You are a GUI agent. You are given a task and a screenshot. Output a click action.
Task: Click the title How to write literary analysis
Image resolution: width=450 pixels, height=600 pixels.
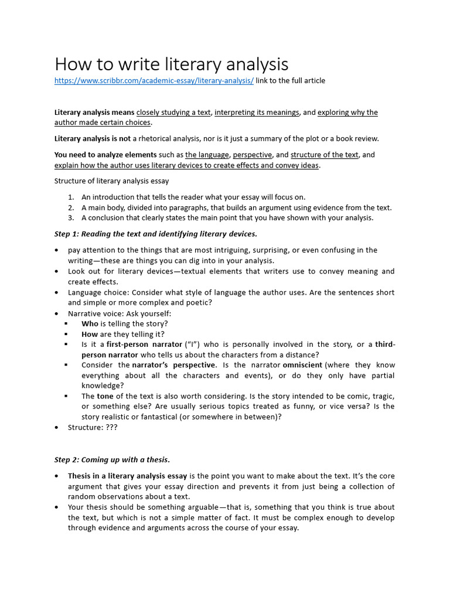pyautogui.click(x=171, y=64)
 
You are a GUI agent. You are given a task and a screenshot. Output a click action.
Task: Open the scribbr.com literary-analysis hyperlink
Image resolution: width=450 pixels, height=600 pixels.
pyautogui.click(x=154, y=81)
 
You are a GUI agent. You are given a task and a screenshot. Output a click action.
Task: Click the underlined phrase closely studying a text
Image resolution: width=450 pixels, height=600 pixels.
pyautogui.click(x=173, y=112)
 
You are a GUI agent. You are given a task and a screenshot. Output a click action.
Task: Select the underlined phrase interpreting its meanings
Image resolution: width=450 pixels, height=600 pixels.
pyautogui.click(x=257, y=112)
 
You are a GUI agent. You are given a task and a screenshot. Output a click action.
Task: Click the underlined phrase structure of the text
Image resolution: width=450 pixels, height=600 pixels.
pyautogui.click(x=325, y=155)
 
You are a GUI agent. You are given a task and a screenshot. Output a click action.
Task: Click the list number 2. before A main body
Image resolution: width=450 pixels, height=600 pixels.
pyautogui.click(x=70, y=207)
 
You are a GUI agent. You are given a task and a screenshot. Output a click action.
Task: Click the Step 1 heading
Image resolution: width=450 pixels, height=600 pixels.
pyautogui.click(x=155, y=234)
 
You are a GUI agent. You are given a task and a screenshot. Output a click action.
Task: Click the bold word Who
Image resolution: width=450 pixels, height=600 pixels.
pyautogui.click(x=90, y=324)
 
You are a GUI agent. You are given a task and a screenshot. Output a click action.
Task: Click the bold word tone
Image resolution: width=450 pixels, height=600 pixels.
pyautogui.click(x=105, y=396)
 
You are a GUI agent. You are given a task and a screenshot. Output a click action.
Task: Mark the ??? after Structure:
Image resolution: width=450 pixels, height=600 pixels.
pyautogui.click(x=111, y=428)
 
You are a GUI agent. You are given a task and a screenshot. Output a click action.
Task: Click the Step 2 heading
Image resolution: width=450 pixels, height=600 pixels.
pyautogui.click(x=112, y=460)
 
